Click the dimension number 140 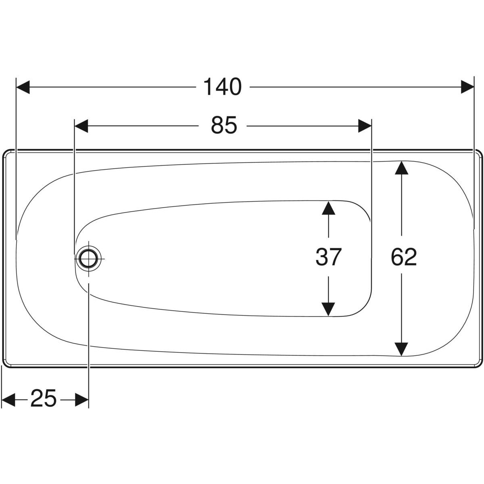coord(223,87)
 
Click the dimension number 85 coord(224,125)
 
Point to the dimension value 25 coord(43,398)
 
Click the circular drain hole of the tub coord(88,259)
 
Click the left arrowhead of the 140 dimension coord(23,87)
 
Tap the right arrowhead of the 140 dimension coord(467,87)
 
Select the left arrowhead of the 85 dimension coord(81,126)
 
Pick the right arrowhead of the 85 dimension coord(365,126)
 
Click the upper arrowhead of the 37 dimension coord(329,208)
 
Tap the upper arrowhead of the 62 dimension coord(401,168)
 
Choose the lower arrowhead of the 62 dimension coord(401,349)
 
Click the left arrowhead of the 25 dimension coord(8,400)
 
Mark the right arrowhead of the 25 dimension coord(82,400)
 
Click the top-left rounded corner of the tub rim coord(5,152)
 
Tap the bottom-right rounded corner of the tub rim coord(480,365)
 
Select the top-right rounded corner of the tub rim coord(480,152)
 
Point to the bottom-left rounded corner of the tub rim coord(5,365)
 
